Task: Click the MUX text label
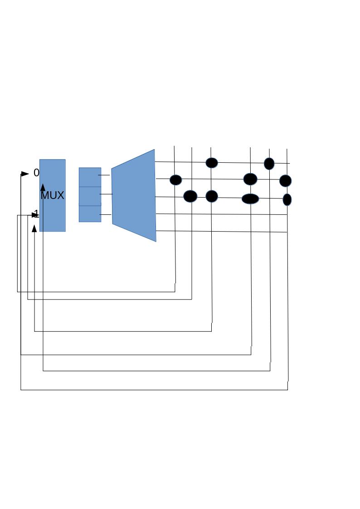click(x=52, y=196)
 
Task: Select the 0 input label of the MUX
click(x=36, y=173)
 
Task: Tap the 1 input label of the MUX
click(x=37, y=213)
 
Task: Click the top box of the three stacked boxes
click(x=90, y=177)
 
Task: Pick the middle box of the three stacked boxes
click(x=90, y=196)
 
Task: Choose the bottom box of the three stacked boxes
click(x=90, y=214)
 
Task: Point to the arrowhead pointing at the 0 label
click(x=25, y=174)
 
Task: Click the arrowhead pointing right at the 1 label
click(x=35, y=215)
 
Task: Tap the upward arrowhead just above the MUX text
click(x=43, y=187)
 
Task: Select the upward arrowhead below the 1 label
click(x=34, y=228)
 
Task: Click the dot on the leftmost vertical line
click(x=175, y=180)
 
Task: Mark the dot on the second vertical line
click(x=190, y=196)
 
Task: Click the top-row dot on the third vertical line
click(x=212, y=163)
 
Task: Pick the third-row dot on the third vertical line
click(x=212, y=196)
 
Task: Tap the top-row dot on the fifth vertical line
click(x=269, y=164)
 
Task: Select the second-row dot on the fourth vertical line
click(x=250, y=179)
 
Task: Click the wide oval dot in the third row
click(x=250, y=199)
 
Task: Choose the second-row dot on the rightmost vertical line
click(x=285, y=181)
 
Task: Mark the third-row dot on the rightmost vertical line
click(x=287, y=199)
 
